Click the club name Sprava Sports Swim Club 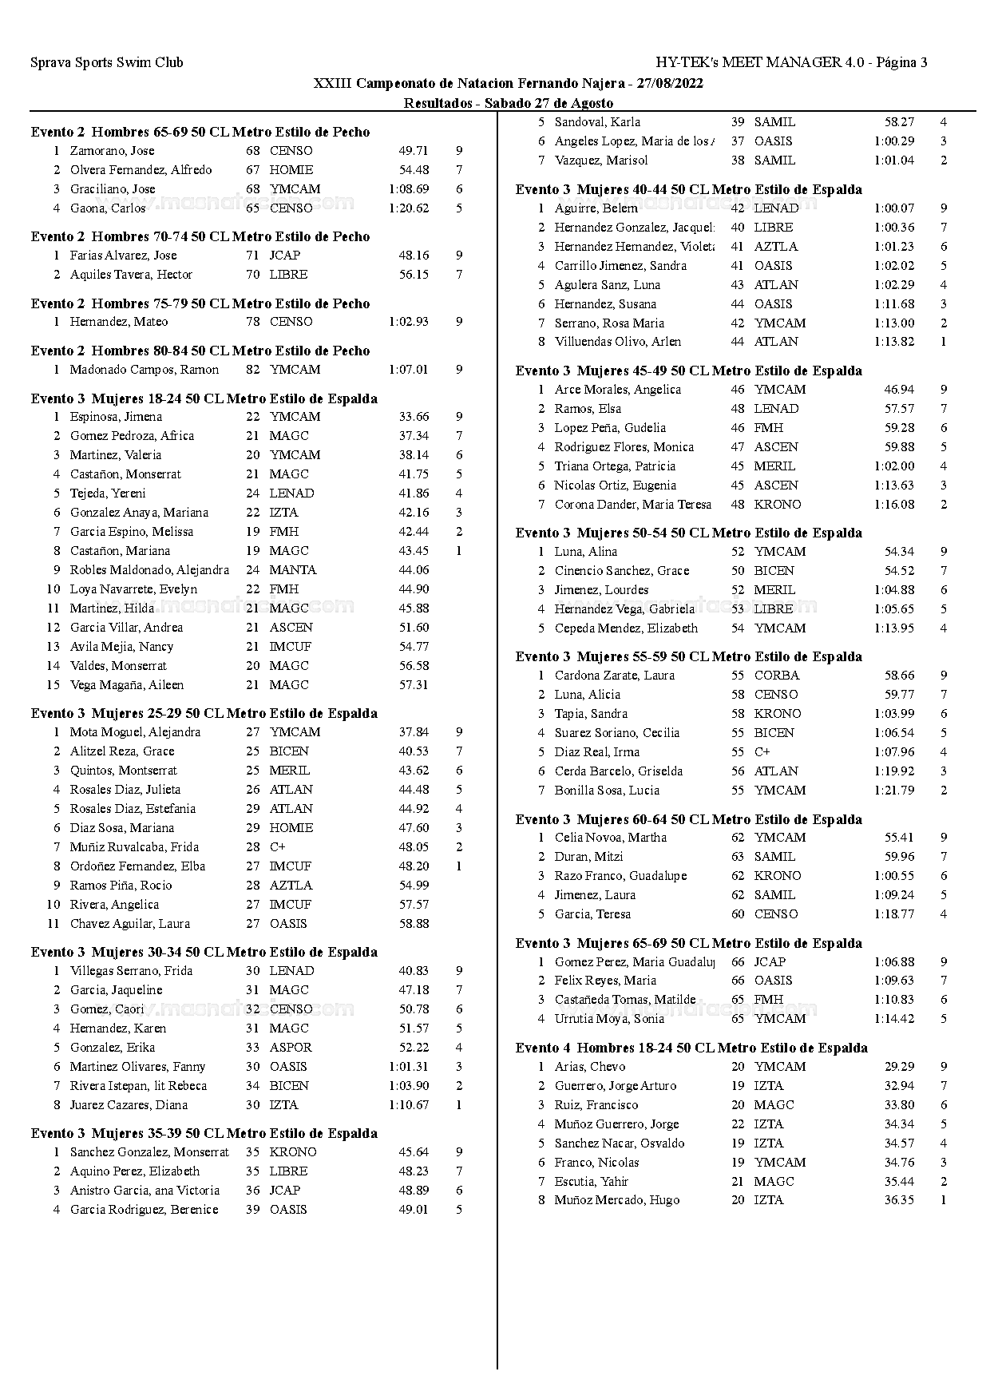[106, 62]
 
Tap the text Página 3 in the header [901, 62]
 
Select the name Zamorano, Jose [112, 151]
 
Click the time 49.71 [414, 151]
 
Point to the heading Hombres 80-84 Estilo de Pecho [200, 351]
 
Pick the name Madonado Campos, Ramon [144, 370]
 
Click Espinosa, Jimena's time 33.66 [414, 417]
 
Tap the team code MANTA [293, 570]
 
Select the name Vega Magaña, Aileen [126, 685]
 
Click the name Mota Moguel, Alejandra [135, 732]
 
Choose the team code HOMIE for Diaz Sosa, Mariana [291, 828]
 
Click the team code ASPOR [291, 1048]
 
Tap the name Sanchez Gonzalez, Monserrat [149, 1152]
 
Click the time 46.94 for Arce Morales [899, 390]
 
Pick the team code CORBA [777, 676]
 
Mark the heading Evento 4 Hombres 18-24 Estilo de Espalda [691, 1048]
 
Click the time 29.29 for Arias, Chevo [899, 1067]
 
